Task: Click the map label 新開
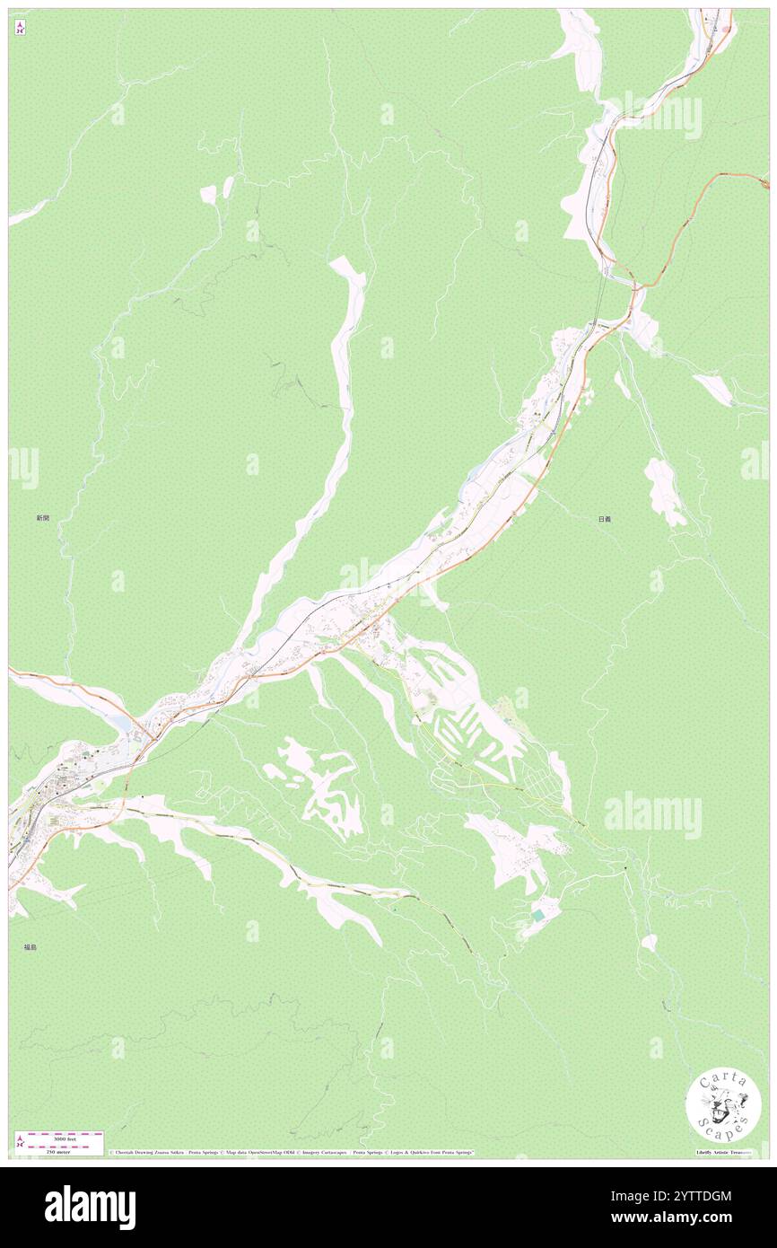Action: (x=42, y=518)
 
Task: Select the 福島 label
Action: (x=31, y=947)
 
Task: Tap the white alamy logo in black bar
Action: (x=90, y=1207)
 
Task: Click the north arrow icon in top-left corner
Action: (x=20, y=28)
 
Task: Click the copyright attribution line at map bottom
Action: (x=292, y=1153)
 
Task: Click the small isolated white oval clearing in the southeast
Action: (x=648, y=943)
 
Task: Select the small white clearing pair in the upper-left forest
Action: (x=216, y=191)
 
